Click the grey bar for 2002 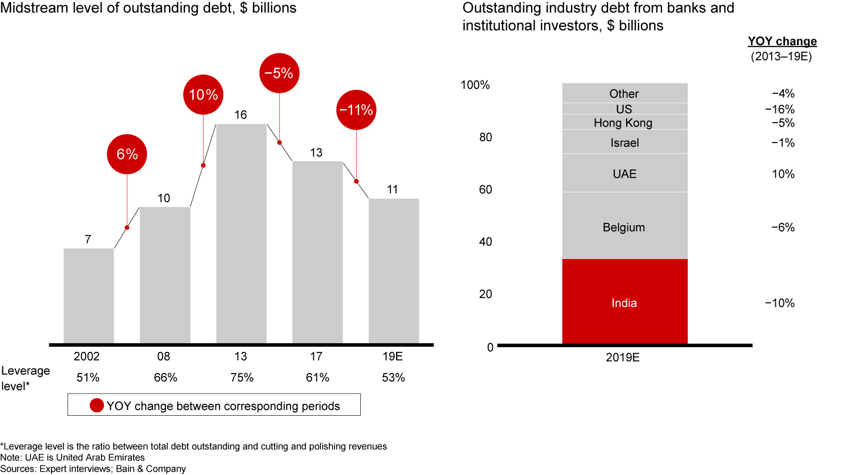[x=89, y=296]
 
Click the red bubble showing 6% [x=127, y=154]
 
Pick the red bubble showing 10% [x=203, y=94]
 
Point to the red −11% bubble [x=356, y=109]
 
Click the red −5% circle [x=279, y=73]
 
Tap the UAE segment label [x=624, y=174]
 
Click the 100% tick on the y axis [x=475, y=85]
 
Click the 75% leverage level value [x=241, y=378]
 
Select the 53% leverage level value [x=393, y=378]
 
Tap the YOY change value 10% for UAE [x=783, y=174]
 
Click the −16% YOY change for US [x=780, y=110]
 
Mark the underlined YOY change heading [x=782, y=42]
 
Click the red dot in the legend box [x=96, y=406]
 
